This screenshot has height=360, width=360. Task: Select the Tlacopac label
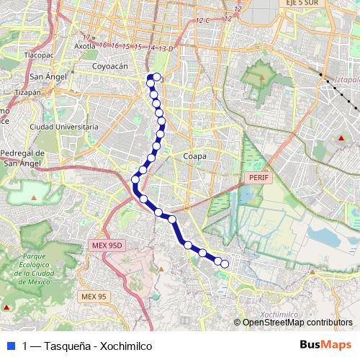[x=39, y=54]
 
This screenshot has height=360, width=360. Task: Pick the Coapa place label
[x=195, y=156]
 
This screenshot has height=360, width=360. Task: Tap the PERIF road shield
[x=256, y=176]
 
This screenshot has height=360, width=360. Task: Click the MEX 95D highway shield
[x=108, y=246]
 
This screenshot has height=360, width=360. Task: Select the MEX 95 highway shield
[x=94, y=296]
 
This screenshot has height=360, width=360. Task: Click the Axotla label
[x=85, y=45]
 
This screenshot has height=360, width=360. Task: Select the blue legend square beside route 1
[x=11, y=346]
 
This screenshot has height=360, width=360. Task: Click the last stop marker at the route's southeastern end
[x=224, y=264]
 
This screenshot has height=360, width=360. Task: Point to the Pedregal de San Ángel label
[x=23, y=158]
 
